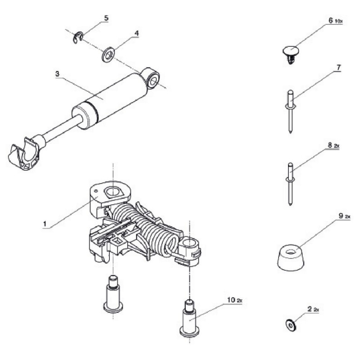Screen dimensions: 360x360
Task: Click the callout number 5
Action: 106,18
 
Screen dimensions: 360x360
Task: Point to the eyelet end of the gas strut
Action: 153,78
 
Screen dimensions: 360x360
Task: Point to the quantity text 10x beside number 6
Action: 338,22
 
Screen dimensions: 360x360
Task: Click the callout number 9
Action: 335,216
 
